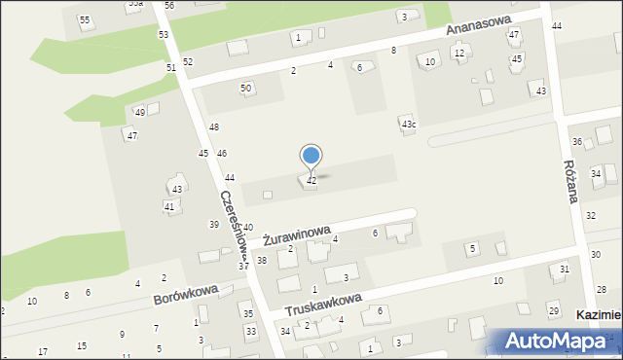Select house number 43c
(x=409, y=125)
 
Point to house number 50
(x=246, y=88)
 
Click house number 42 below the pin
(x=311, y=181)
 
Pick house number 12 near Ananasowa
(x=459, y=53)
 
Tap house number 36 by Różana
(x=576, y=142)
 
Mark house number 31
(x=564, y=269)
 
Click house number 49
(x=140, y=112)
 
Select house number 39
(x=214, y=225)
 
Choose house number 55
(x=85, y=19)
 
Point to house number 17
(x=42, y=351)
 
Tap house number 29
(x=553, y=309)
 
